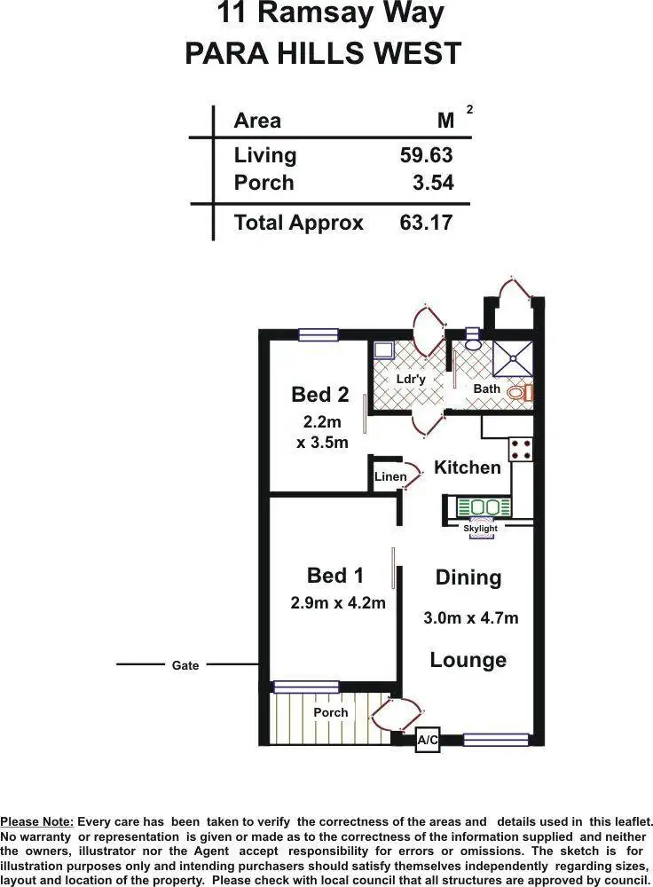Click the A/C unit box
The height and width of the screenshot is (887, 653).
(428, 740)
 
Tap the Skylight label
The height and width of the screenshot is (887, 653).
(480, 529)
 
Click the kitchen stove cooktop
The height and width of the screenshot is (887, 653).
(521, 449)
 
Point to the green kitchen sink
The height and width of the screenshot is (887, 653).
(484, 507)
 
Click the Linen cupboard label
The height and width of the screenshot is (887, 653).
(390, 477)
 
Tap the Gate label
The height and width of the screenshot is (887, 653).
(185, 665)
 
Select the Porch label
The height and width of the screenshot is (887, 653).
(331, 712)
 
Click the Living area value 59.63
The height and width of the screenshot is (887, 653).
(426, 155)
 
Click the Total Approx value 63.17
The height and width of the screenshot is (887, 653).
(426, 222)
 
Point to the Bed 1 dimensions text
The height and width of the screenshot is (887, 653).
(338, 603)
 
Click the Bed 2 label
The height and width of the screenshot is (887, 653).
(320, 395)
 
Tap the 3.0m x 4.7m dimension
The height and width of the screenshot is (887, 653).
(470, 618)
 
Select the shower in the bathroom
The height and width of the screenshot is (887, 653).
(514, 358)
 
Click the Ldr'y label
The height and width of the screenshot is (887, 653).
(411, 379)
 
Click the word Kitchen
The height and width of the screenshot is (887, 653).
(468, 467)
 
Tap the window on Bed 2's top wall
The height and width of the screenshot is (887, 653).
(319, 334)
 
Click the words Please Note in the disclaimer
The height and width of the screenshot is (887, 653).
(37, 822)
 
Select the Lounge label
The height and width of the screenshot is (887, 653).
(468, 660)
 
